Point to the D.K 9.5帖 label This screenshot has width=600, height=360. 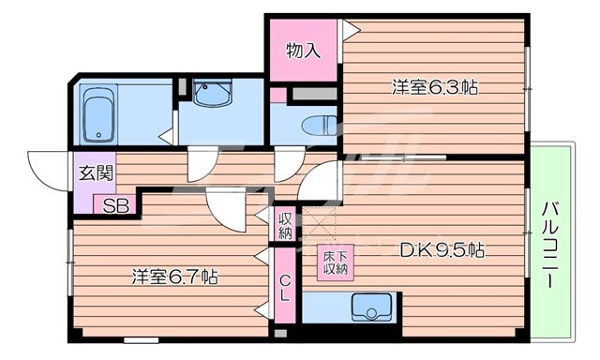442,250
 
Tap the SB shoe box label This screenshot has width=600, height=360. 116,206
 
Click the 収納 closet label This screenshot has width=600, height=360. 285,226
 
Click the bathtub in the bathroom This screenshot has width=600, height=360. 97,115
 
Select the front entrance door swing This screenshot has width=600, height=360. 47,169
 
